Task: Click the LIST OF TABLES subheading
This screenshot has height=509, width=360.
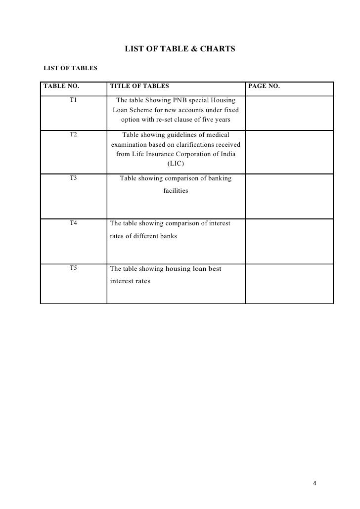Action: pos(64,68)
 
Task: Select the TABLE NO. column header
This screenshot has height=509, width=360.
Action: pos(61,86)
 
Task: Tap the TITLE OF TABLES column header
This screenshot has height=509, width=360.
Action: pos(139,86)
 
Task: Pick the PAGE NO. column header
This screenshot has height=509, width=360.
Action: pos(264,86)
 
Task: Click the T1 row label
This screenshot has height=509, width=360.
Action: pos(73,100)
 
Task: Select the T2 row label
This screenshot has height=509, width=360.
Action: pos(73,134)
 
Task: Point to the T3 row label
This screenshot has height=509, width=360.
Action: pos(73,178)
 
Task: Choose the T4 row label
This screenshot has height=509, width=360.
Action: pos(73,223)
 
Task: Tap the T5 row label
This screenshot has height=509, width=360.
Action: pos(73,269)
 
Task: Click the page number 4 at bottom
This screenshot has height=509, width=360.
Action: pos(315,483)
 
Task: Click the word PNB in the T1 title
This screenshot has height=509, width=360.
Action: pos(177,101)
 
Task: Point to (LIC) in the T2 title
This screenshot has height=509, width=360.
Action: pos(176,163)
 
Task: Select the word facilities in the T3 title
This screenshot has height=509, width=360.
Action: pos(176,191)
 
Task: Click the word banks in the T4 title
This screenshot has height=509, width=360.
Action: pos(168,236)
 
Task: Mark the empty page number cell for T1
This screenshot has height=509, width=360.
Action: pos(289,112)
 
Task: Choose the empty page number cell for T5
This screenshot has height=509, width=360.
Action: pos(289,283)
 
